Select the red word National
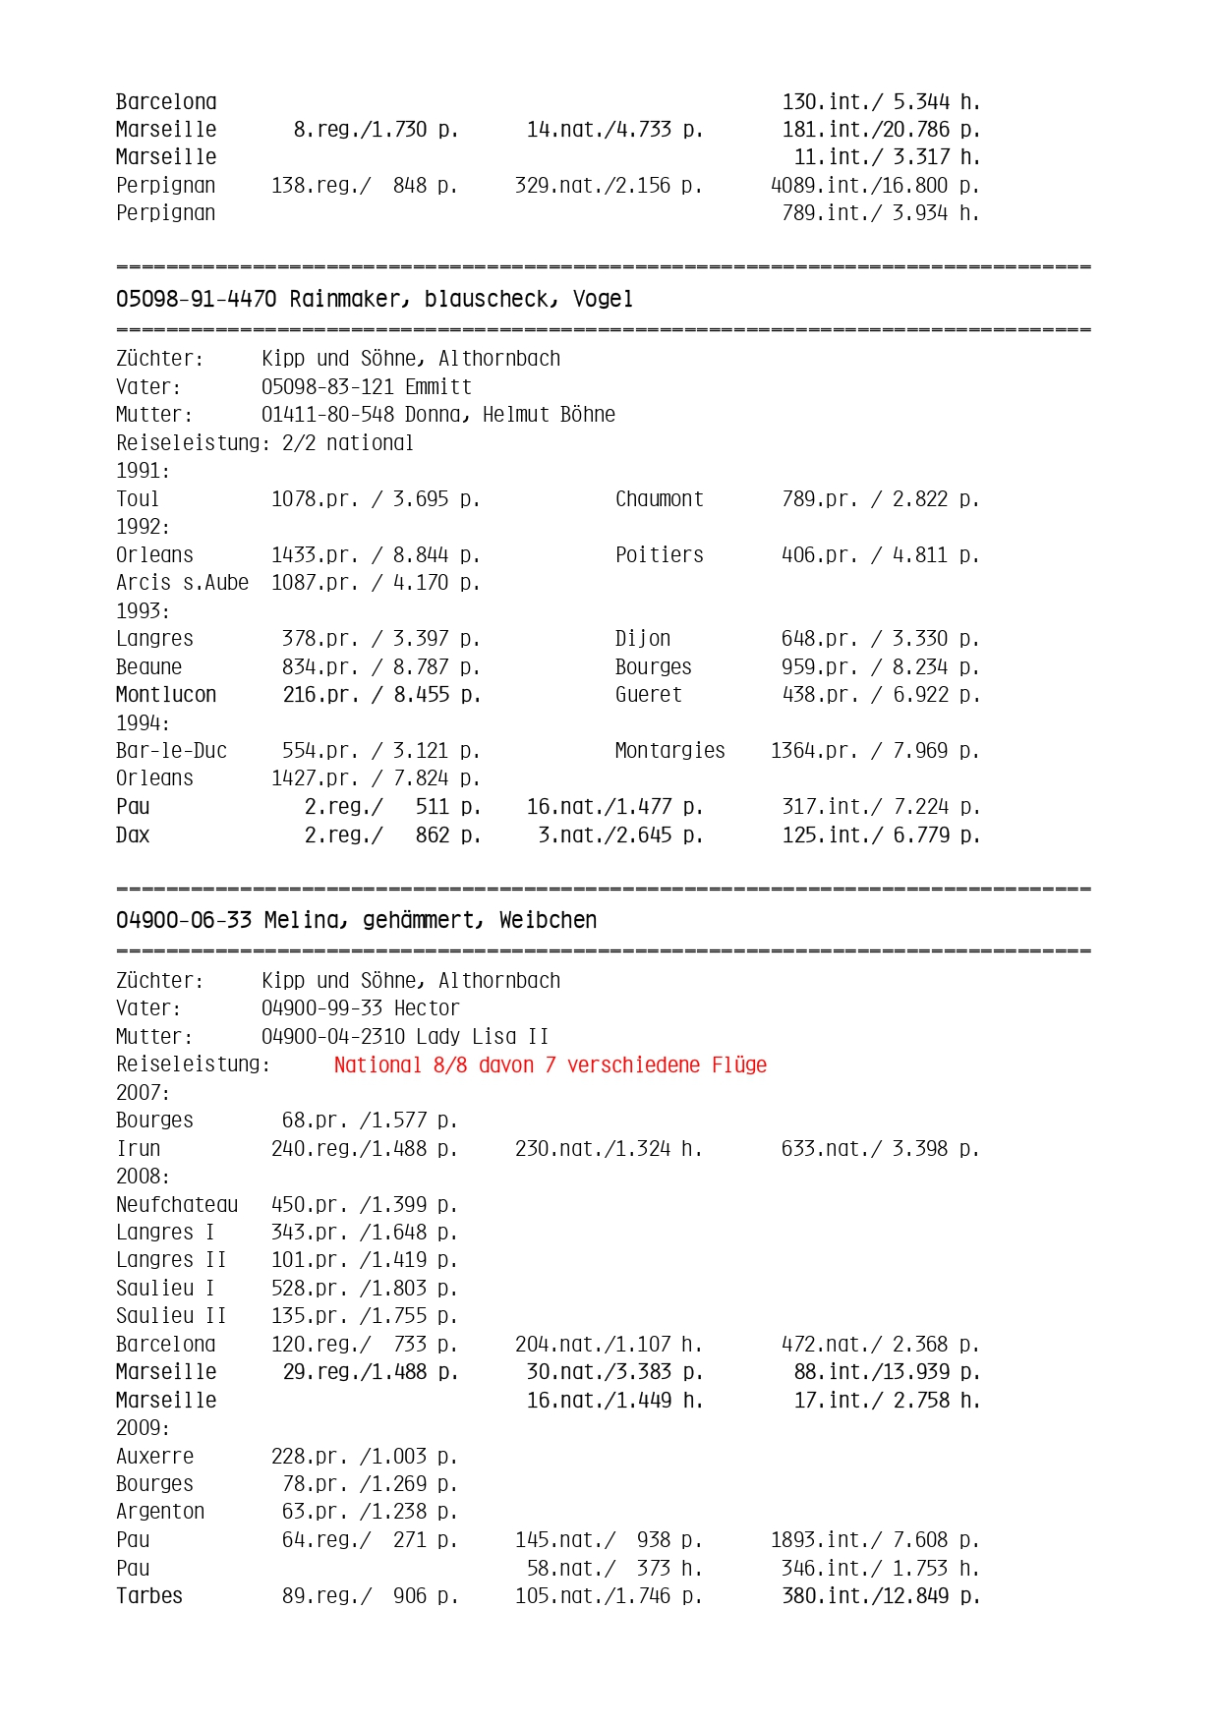(377, 1064)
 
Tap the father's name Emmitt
(438, 386)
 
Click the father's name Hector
(427, 1008)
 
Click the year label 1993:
(143, 610)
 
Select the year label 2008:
(143, 1177)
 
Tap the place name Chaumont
(659, 499)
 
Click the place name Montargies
(669, 751)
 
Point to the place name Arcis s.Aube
(182, 583)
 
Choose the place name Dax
(133, 835)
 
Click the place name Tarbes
(149, 1596)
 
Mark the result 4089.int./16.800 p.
(874, 186)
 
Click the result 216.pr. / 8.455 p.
(381, 695)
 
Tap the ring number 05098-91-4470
(196, 299)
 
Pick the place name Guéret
(648, 695)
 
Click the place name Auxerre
(154, 1457)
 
